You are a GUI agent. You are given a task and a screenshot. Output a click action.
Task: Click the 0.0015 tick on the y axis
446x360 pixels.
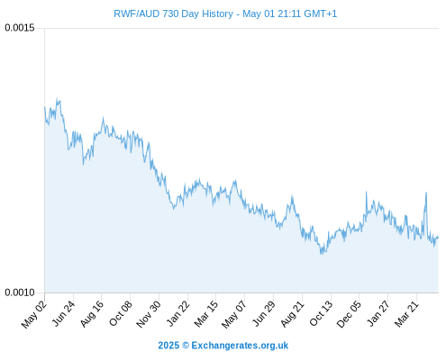(x=20, y=28)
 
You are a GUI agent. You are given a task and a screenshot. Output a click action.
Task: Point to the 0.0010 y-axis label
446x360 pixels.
(x=20, y=292)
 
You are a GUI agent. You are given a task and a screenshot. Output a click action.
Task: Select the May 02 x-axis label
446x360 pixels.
(x=33, y=314)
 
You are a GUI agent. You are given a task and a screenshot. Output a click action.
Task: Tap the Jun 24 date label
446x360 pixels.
(x=63, y=313)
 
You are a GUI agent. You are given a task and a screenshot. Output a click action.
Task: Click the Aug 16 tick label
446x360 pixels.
(x=92, y=313)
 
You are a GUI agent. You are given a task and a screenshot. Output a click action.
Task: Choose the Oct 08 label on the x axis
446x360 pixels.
(x=121, y=313)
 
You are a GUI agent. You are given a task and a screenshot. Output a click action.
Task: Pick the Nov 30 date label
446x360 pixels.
(x=149, y=314)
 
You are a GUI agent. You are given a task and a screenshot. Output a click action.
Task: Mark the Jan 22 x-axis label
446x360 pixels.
(x=177, y=313)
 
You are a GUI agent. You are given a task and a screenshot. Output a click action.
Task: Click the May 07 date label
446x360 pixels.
(x=234, y=314)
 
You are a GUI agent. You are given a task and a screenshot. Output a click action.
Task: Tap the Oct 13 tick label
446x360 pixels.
(x=321, y=313)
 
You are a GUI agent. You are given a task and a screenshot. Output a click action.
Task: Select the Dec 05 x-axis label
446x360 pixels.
(x=349, y=314)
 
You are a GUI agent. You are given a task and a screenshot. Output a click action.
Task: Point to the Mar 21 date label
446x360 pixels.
(x=406, y=314)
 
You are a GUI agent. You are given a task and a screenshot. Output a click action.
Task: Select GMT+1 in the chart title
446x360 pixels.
(x=321, y=13)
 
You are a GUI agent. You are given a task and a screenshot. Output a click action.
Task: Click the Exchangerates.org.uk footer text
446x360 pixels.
(x=240, y=346)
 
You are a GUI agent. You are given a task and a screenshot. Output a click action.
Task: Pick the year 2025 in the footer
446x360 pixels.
(x=168, y=346)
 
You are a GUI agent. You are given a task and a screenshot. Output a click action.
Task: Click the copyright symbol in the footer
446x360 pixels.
(x=186, y=346)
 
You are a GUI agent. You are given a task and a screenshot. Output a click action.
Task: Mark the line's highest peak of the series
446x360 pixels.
(x=57, y=98)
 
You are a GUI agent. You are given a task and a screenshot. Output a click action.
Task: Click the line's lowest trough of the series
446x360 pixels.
(x=322, y=254)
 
